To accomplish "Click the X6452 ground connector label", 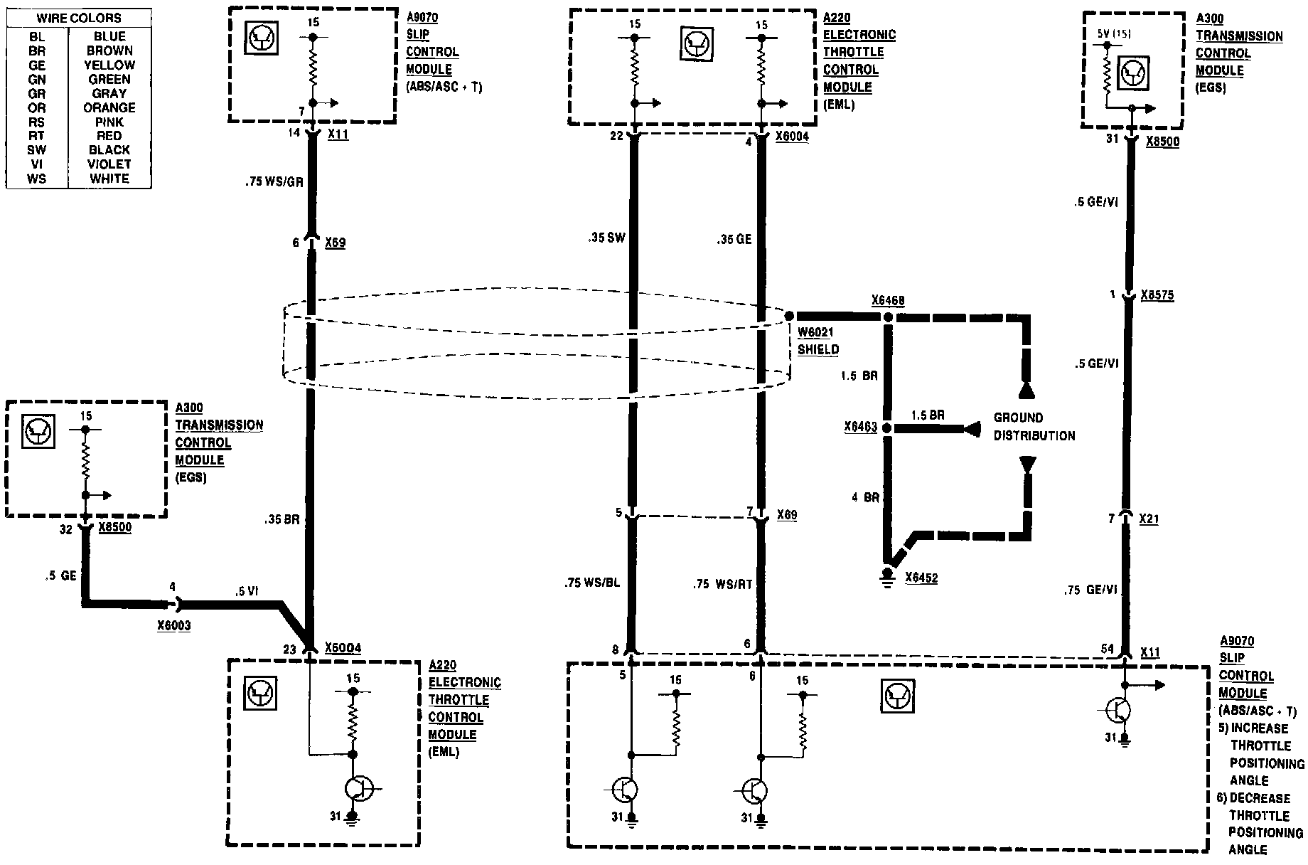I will (x=921, y=578).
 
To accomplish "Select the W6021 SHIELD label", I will (x=817, y=341).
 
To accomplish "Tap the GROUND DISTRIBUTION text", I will (x=1034, y=427).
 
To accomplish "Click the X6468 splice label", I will (x=888, y=301).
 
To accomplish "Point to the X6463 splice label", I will (x=860, y=428).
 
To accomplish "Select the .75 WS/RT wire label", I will (x=723, y=585).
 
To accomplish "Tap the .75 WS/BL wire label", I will (x=592, y=583).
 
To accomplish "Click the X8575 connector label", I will (x=1157, y=295).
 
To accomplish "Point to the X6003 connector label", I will (x=175, y=626).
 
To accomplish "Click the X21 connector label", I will (x=1149, y=519).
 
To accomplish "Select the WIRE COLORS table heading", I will (x=79, y=18).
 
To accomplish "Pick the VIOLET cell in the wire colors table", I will (x=109, y=164).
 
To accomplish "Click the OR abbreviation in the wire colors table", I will (x=37, y=107).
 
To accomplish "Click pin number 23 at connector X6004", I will (x=289, y=649).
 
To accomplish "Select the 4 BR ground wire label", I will (x=864, y=498).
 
